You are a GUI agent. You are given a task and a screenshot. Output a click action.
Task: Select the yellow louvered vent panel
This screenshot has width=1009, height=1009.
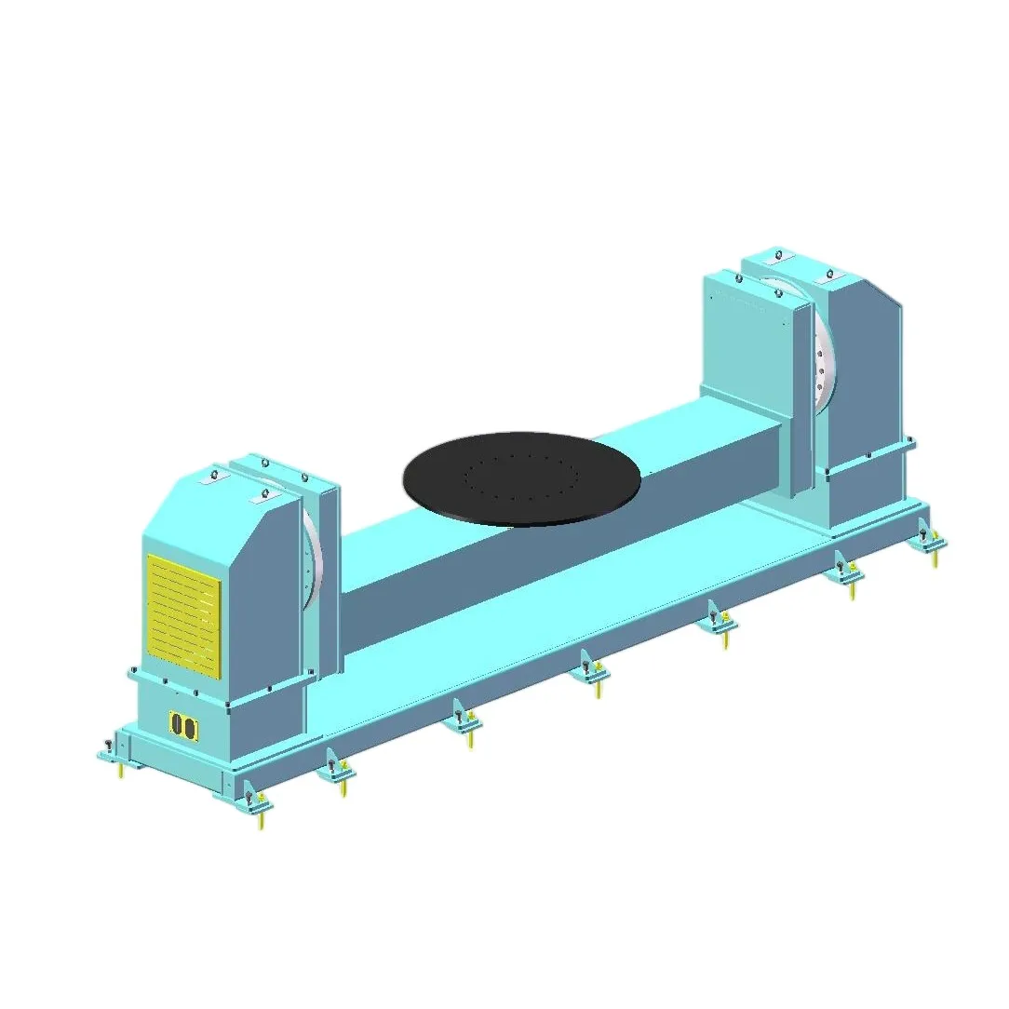[183, 615]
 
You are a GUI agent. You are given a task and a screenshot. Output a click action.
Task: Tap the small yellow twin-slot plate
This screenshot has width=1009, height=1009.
[182, 726]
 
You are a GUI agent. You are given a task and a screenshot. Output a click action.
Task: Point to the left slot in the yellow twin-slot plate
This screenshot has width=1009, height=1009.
[177, 726]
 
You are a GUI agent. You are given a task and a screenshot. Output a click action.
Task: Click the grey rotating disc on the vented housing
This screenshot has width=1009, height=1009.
[315, 558]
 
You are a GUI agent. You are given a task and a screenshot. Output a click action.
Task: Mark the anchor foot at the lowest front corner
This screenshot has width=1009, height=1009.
[253, 799]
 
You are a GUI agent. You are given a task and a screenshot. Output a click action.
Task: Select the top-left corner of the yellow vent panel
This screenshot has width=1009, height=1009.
[148, 558]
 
